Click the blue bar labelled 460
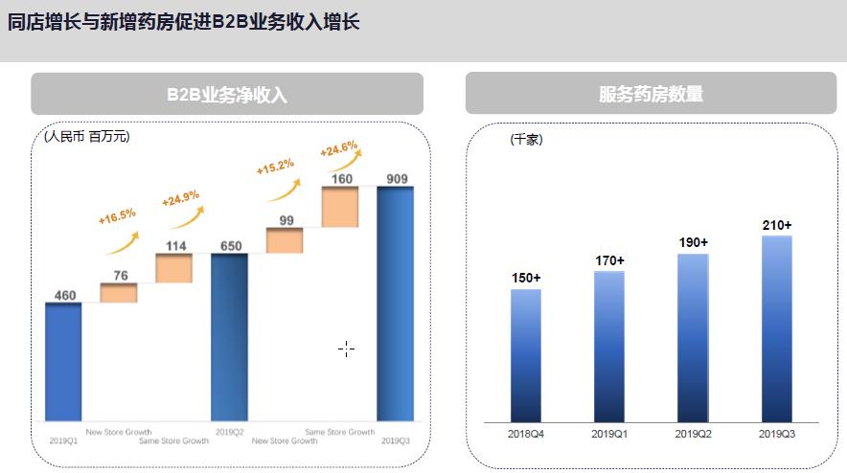pos(63,361)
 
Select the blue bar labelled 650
pos(229,336)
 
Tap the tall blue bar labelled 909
pos(395,303)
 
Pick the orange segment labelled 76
pos(119,293)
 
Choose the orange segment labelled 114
pos(174,268)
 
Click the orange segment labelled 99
pos(285,240)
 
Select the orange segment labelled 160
pos(340,207)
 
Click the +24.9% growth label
pos(180,199)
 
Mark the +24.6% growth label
pos(339,149)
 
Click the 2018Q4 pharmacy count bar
pos(525,355)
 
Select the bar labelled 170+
pos(608,347)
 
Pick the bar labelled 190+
pos(692,337)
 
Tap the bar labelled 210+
pos(776,328)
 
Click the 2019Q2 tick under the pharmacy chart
pos(692,434)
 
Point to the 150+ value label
pos(525,278)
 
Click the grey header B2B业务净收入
pos(227,95)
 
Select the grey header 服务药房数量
pos(651,94)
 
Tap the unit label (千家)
pos(526,140)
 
